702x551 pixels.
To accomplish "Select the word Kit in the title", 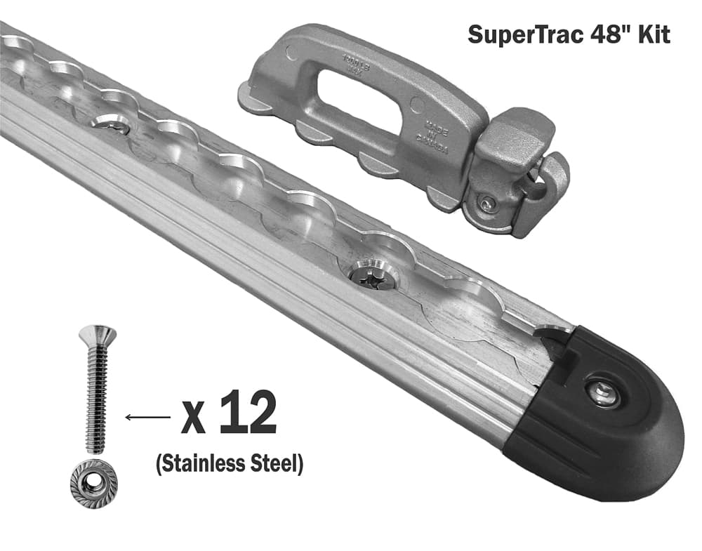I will tap(653, 35).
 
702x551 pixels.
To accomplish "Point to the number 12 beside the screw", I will tap(247, 415).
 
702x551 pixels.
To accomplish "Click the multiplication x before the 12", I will tap(194, 419).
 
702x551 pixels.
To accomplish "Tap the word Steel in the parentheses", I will tap(279, 464).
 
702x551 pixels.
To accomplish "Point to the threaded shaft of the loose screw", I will tap(97, 400).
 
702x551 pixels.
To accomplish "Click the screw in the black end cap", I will tap(603, 394).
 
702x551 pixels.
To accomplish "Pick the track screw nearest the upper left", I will tap(110, 122).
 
